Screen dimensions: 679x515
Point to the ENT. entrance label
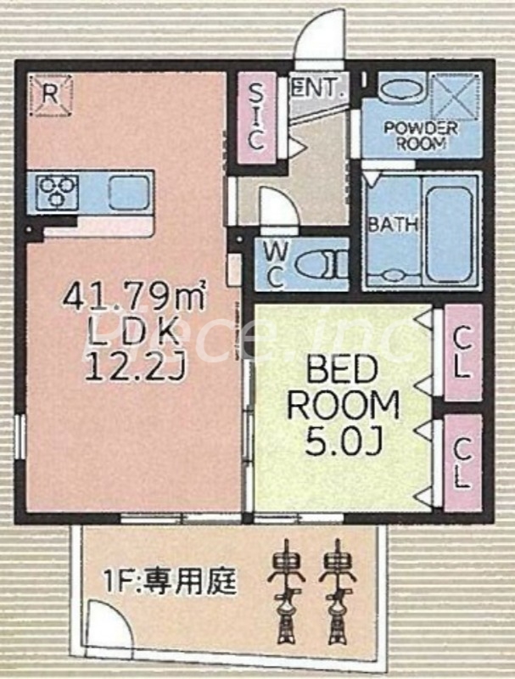click(x=317, y=86)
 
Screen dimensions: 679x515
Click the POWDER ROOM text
click(x=420, y=136)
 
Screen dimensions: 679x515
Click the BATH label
click(x=391, y=226)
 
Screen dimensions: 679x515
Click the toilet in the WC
click(x=327, y=265)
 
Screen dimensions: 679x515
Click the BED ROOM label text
click(x=342, y=387)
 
